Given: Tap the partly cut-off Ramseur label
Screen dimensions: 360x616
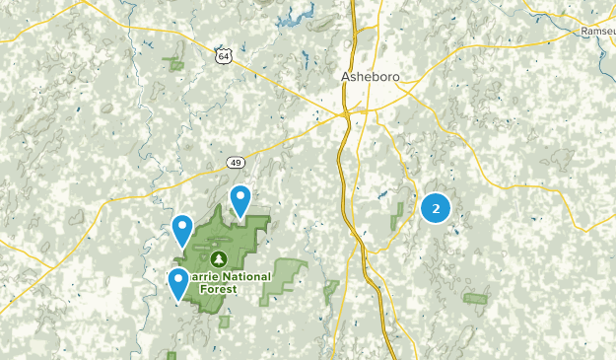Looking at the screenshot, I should click(x=596, y=31).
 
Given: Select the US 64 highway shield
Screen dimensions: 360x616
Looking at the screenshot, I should click(x=225, y=57).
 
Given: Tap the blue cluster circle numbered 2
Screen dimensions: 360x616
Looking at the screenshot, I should click(x=436, y=208).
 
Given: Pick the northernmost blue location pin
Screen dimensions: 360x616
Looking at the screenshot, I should click(x=240, y=201).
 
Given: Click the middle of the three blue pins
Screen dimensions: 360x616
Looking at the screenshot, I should click(x=182, y=231).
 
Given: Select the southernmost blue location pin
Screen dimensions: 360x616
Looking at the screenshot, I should click(x=178, y=283).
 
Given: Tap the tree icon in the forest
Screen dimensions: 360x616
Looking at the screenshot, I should click(x=218, y=258).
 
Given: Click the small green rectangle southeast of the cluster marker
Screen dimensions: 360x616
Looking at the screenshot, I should click(x=476, y=297).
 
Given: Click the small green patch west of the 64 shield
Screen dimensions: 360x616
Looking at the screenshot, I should click(x=177, y=64).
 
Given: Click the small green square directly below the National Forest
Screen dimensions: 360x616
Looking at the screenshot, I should click(x=225, y=321).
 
